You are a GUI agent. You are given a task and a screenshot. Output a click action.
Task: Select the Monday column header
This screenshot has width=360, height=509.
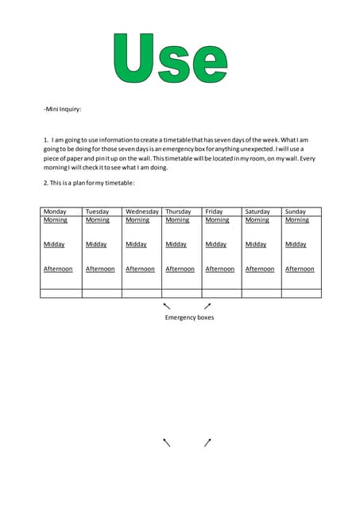pyautogui.click(x=55, y=212)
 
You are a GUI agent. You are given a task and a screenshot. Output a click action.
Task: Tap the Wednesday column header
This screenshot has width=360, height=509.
pyautogui.click(x=142, y=212)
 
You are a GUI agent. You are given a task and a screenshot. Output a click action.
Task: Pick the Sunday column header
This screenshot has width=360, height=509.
pyautogui.click(x=295, y=212)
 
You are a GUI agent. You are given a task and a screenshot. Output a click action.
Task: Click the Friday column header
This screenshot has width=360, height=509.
pyautogui.click(x=214, y=212)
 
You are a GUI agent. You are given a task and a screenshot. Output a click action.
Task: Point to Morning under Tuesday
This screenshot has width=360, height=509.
pyautogui.click(x=98, y=220)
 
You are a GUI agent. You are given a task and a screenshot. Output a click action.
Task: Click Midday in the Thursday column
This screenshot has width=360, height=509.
pyautogui.click(x=176, y=245)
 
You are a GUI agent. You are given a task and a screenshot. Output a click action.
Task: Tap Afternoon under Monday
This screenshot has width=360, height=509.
pyautogui.click(x=58, y=269)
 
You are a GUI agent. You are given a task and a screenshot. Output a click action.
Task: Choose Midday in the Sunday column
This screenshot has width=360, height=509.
pyautogui.click(x=296, y=245)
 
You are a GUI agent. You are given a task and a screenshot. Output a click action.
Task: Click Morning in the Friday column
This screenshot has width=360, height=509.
pyautogui.click(x=217, y=220)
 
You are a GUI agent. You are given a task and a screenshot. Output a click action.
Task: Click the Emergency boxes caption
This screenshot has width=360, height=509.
pyautogui.click(x=189, y=317)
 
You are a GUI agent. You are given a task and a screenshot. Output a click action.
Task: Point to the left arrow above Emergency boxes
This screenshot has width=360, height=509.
pyautogui.click(x=167, y=305)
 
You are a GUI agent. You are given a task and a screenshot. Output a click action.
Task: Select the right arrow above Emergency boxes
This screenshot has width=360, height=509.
pyautogui.click(x=207, y=305)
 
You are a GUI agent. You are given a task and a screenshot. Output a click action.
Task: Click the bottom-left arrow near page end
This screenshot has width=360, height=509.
pyautogui.click(x=167, y=442)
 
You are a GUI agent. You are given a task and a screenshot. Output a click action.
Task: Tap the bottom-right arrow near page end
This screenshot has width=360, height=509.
pyautogui.click(x=207, y=442)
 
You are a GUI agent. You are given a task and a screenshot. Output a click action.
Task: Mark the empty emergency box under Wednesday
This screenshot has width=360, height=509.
pyautogui.click(x=141, y=293)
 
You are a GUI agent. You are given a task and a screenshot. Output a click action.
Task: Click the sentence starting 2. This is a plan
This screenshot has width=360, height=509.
pyautogui.click(x=89, y=183)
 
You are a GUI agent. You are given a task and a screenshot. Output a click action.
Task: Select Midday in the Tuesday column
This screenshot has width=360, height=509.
pyautogui.click(x=96, y=245)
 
